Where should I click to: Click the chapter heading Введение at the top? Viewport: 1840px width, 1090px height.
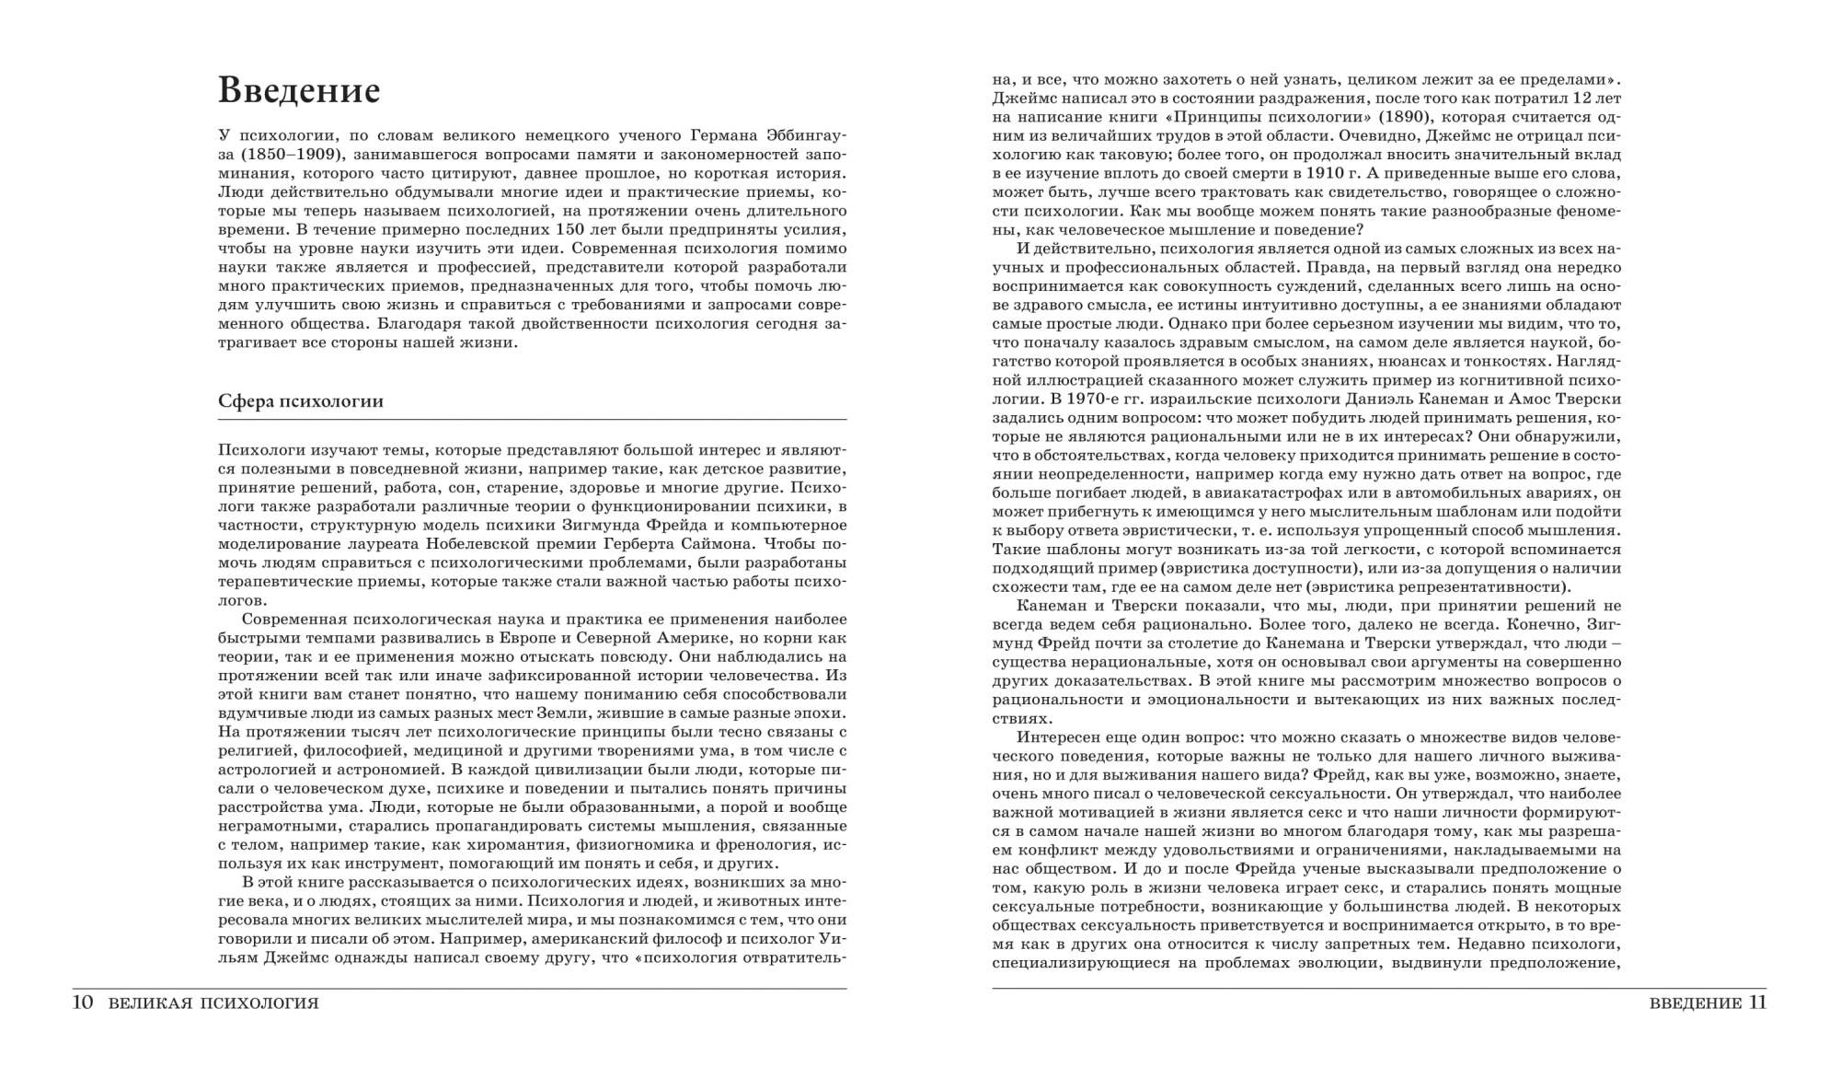tap(299, 91)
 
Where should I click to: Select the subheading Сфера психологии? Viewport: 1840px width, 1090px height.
tap(301, 401)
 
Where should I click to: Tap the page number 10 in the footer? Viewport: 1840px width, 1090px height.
tap(83, 1003)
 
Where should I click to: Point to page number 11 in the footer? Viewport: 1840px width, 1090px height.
tap(1756, 1003)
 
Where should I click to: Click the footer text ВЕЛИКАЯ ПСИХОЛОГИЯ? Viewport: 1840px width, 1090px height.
tap(213, 1003)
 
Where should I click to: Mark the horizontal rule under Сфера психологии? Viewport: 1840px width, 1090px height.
tap(533, 420)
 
